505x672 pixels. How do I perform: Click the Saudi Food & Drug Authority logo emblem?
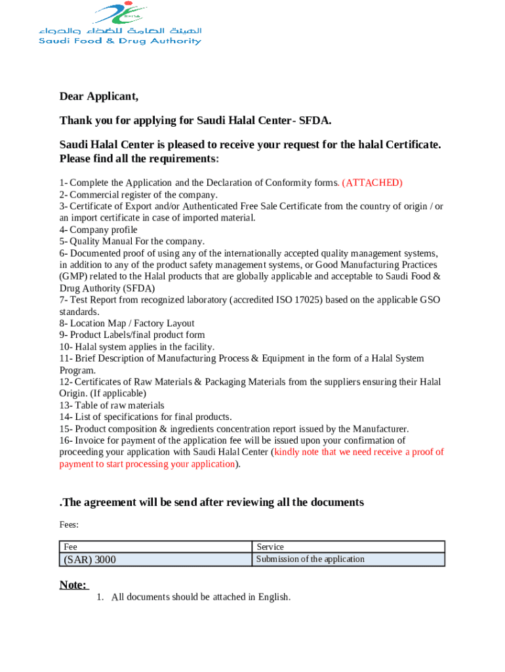[119, 13]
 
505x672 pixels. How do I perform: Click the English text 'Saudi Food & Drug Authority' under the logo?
[119, 41]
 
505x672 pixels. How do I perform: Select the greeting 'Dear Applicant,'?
[99, 97]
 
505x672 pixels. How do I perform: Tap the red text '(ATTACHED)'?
[372, 182]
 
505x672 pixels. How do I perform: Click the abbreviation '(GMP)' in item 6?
[75, 276]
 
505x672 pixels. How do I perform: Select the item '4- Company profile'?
[98, 230]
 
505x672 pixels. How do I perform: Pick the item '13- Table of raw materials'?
[111, 406]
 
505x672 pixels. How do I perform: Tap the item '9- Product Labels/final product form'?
[132, 335]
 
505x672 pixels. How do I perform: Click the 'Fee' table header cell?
[70, 547]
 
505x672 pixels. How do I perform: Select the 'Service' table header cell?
[270, 547]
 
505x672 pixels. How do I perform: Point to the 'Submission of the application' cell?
[310, 559]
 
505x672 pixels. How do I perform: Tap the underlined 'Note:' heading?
[72, 585]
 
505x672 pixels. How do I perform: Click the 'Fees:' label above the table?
[69, 524]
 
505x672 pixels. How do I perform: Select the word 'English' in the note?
[272, 597]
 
